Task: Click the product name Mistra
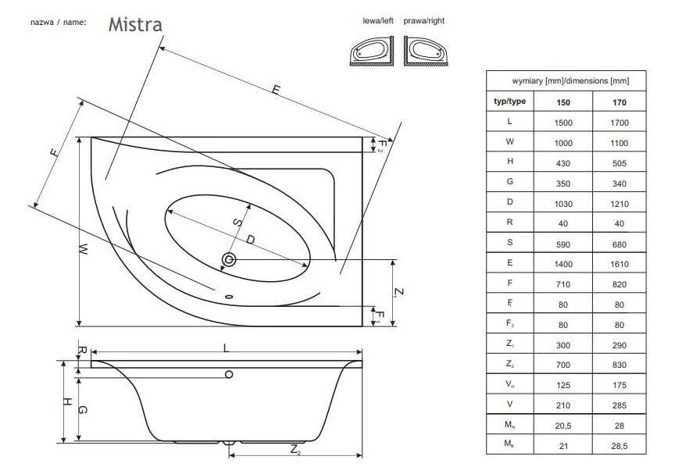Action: [135, 23]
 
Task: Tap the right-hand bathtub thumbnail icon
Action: [424, 51]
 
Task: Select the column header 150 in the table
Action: [562, 102]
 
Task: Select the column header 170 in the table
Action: [620, 102]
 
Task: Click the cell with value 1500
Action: [562, 123]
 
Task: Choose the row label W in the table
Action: [509, 143]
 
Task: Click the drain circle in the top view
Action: [230, 259]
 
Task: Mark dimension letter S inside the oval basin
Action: [235, 223]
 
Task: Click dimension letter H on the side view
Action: [67, 402]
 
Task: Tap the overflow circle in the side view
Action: [229, 375]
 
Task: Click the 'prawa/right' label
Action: [424, 20]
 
